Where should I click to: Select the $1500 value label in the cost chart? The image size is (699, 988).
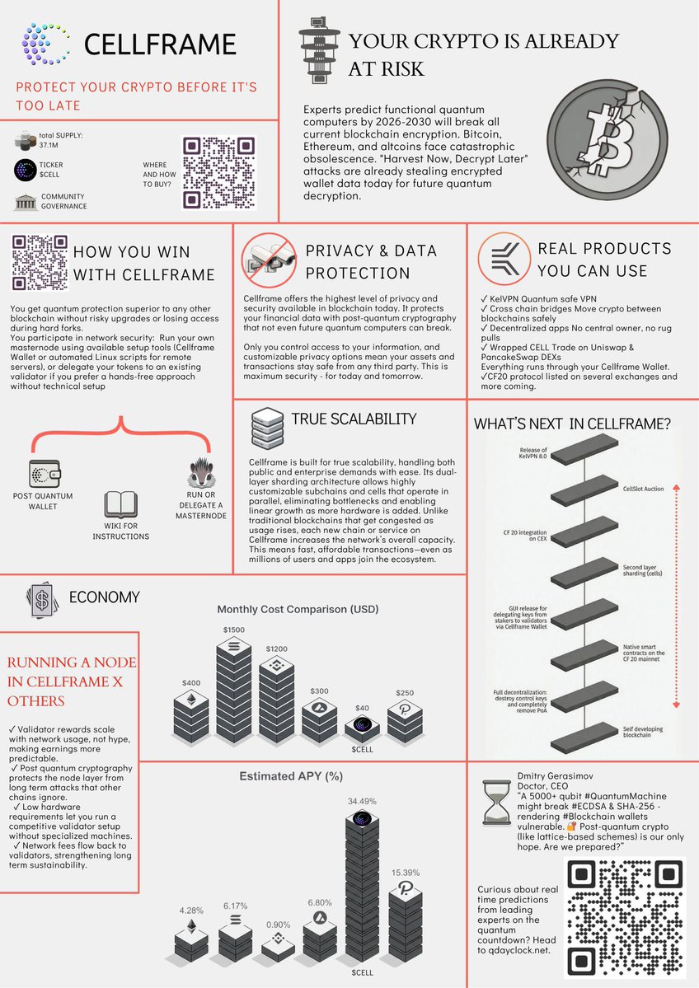click(x=233, y=630)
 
